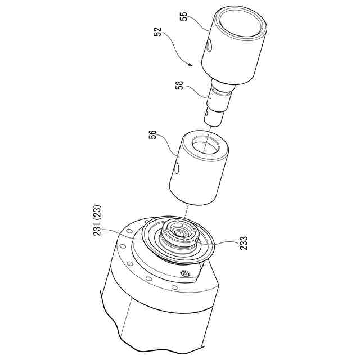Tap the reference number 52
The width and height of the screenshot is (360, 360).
coord(157,32)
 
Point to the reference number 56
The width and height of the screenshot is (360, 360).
coord(152,134)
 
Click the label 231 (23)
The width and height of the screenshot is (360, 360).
coord(97,220)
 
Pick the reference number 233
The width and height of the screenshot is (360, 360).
coord(243,243)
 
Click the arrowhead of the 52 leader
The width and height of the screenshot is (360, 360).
coord(190,65)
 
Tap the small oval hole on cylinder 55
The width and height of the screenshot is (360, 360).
coord(209,46)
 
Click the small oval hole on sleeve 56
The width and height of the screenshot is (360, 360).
coord(177,168)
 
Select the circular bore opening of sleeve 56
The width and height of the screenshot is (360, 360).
coord(206,145)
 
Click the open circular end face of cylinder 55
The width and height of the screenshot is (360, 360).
coord(240,22)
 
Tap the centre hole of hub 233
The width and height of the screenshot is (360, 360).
coord(179,233)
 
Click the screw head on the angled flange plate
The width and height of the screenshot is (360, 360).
coord(185,273)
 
